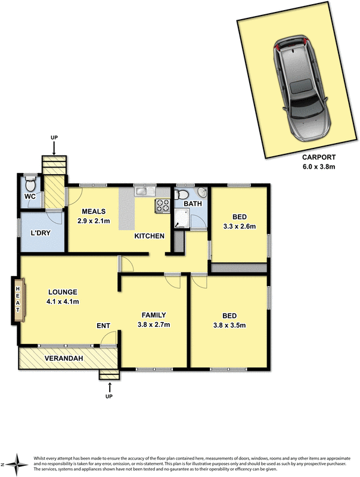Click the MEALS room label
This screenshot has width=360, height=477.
(94, 212)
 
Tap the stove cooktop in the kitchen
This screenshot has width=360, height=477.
(163, 206)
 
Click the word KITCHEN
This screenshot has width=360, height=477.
(149, 237)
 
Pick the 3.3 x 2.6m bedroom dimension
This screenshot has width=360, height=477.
(240, 226)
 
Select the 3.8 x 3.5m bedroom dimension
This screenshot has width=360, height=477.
(229, 325)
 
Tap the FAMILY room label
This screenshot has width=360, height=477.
(154, 315)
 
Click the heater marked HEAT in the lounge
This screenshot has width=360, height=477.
(18, 301)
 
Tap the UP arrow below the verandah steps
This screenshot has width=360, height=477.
(108, 388)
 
